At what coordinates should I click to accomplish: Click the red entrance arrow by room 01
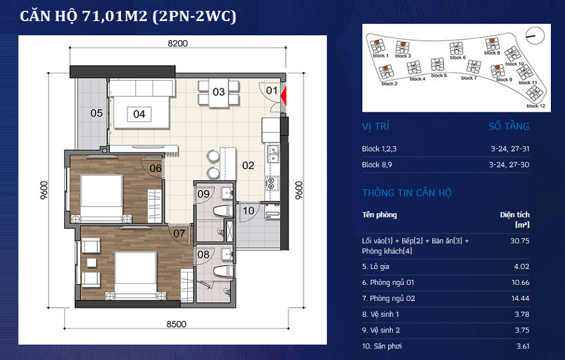point(283,96)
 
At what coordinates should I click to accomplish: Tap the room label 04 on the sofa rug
point(139,114)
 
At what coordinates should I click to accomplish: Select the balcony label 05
point(97,114)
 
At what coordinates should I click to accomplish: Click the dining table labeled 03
point(219,94)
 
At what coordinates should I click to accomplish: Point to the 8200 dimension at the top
point(178,43)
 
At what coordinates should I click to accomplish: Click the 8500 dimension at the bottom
point(176,324)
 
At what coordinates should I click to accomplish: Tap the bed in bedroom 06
point(101,198)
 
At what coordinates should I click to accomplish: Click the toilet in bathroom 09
point(223,210)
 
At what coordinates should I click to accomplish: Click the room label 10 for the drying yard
point(248,210)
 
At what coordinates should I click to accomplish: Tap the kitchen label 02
point(248,166)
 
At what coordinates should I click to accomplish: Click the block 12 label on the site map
point(535,106)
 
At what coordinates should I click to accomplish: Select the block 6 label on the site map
point(458,57)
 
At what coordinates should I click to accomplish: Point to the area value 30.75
point(519,241)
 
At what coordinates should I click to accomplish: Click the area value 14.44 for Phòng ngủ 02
point(520,298)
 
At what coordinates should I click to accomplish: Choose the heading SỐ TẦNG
point(509,126)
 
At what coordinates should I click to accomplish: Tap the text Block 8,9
point(377,165)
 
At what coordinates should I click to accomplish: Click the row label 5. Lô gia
point(375,266)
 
